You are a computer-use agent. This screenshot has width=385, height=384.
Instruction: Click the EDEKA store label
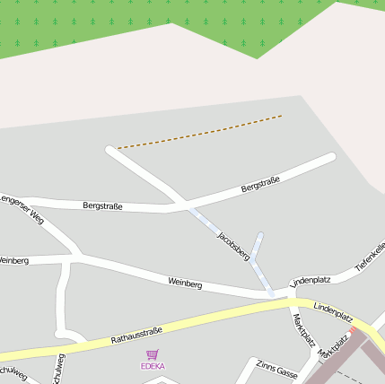click(x=153, y=366)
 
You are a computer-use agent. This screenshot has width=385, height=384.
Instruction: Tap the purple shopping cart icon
click(x=152, y=355)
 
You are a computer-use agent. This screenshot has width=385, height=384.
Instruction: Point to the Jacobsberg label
click(x=232, y=245)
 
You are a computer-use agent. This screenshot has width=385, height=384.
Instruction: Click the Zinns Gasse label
click(x=276, y=369)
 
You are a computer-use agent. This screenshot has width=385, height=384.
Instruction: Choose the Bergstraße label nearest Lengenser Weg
click(x=102, y=206)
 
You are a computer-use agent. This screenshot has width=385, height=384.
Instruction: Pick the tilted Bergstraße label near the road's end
click(x=260, y=185)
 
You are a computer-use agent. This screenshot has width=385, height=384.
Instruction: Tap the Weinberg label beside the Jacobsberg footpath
click(x=185, y=284)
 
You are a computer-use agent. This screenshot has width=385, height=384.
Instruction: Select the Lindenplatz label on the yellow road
click(x=333, y=313)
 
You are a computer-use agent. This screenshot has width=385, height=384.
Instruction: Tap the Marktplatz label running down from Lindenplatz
click(x=302, y=329)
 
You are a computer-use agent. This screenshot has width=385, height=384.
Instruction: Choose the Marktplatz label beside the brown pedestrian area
click(x=334, y=348)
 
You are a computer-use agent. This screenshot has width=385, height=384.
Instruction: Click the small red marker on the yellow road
click(x=354, y=330)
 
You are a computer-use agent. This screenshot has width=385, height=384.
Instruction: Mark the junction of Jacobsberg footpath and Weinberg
click(x=271, y=293)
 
